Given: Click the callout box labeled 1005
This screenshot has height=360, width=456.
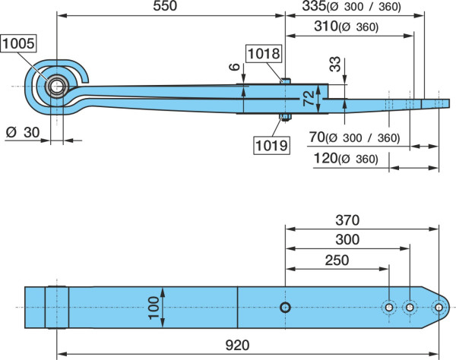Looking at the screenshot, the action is [18, 43].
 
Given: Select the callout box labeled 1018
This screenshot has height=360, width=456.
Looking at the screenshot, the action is [264, 53].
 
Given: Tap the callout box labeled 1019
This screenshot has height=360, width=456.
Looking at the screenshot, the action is [271, 145].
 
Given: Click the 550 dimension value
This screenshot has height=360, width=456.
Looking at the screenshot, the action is [165, 6].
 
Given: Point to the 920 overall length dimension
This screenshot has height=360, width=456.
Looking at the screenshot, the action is [237, 345].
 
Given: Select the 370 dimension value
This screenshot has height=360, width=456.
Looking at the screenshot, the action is [347, 220].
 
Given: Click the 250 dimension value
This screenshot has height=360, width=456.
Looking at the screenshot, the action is [337, 261].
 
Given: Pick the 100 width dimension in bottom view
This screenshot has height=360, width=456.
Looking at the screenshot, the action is [154, 308].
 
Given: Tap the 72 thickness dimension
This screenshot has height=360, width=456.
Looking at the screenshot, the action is [309, 98].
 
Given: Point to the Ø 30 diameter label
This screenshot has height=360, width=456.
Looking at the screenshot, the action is [23, 132].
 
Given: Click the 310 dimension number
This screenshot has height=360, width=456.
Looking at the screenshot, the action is [325, 26].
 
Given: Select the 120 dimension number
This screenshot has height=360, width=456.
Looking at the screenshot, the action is [325, 159].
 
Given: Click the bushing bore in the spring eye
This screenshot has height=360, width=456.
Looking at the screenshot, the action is [56, 87].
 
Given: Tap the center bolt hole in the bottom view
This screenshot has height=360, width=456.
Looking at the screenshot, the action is [285, 307].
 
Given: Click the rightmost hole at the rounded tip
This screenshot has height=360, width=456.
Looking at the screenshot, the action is [439, 308].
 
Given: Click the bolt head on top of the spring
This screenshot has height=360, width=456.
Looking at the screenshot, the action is [285, 81].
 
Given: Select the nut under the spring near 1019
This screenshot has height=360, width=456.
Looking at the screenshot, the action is [285, 117].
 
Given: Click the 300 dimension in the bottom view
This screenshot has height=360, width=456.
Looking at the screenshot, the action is [347, 240].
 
